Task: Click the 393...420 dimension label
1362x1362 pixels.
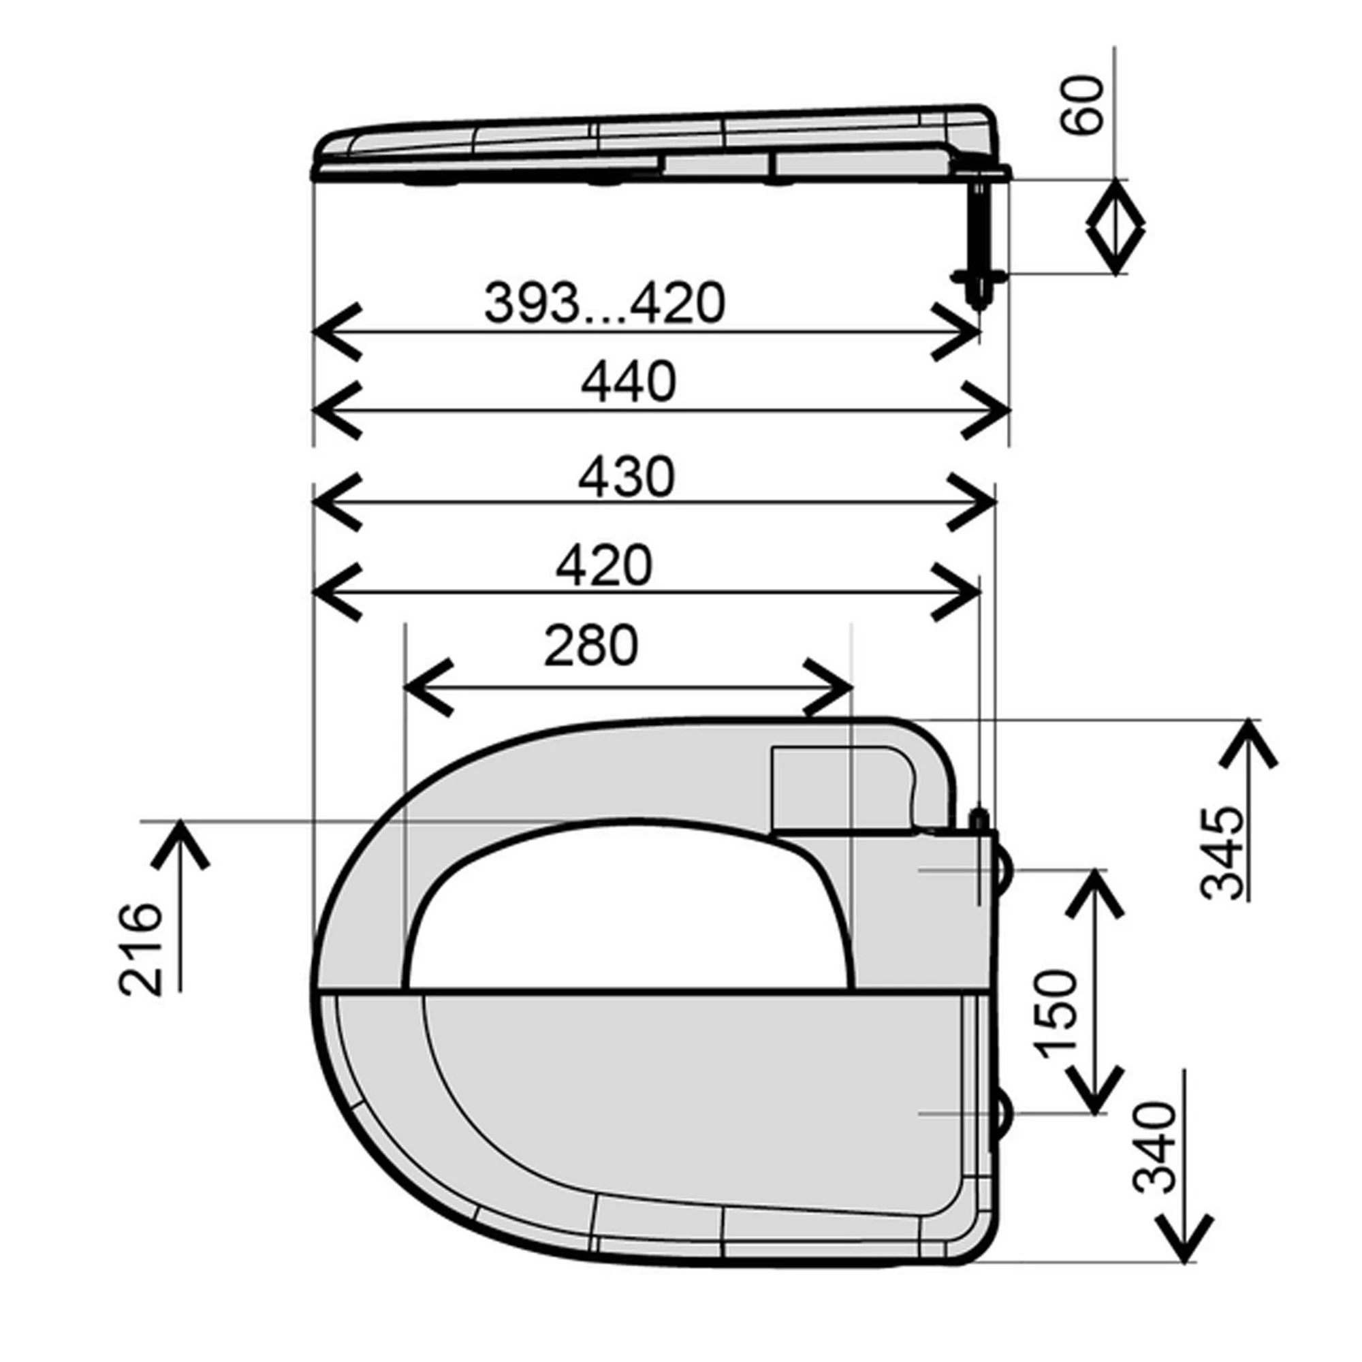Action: point(604,303)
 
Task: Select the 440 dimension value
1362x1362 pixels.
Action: point(628,382)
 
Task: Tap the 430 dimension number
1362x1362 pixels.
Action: point(627,477)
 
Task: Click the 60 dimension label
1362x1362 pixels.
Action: point(1082,104)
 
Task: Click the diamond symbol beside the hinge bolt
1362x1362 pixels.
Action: point(1115,227)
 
